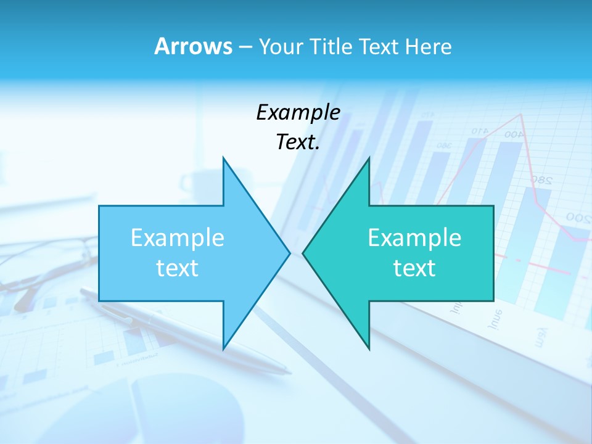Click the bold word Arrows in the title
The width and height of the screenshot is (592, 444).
tap(193, 46)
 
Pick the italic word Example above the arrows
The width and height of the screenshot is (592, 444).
tap(298, 112)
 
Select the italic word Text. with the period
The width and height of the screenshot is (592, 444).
tap(298, 142)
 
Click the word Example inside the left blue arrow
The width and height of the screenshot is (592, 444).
tap(178, 237)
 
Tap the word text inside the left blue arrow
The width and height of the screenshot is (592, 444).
tap(178, 268)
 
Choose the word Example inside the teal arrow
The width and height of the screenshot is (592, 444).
tap(414, 237)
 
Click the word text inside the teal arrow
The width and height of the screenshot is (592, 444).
tap(414, 268)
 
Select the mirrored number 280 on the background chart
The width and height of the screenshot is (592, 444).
tap(540, 180)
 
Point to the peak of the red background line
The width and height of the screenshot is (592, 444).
tap(522, 114)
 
